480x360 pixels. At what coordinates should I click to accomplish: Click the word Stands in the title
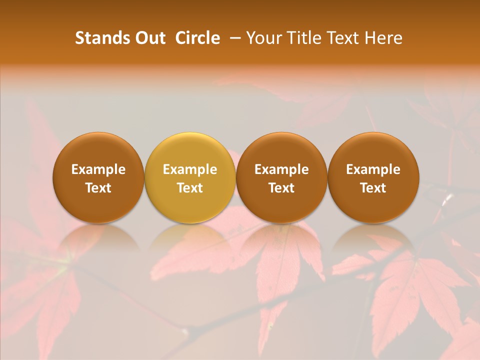click(99, 38)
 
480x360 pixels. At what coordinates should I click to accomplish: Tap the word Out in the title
click(149, 38)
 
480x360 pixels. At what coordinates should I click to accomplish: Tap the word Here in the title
click(383, 38)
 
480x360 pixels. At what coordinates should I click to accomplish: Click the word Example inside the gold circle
click(190, 169)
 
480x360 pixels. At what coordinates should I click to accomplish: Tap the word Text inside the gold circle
click(190, 188)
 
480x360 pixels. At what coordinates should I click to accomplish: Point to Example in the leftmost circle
click(98, 169)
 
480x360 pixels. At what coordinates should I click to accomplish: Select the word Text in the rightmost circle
click(373, 188)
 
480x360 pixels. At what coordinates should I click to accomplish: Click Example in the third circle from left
click(281, 169)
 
